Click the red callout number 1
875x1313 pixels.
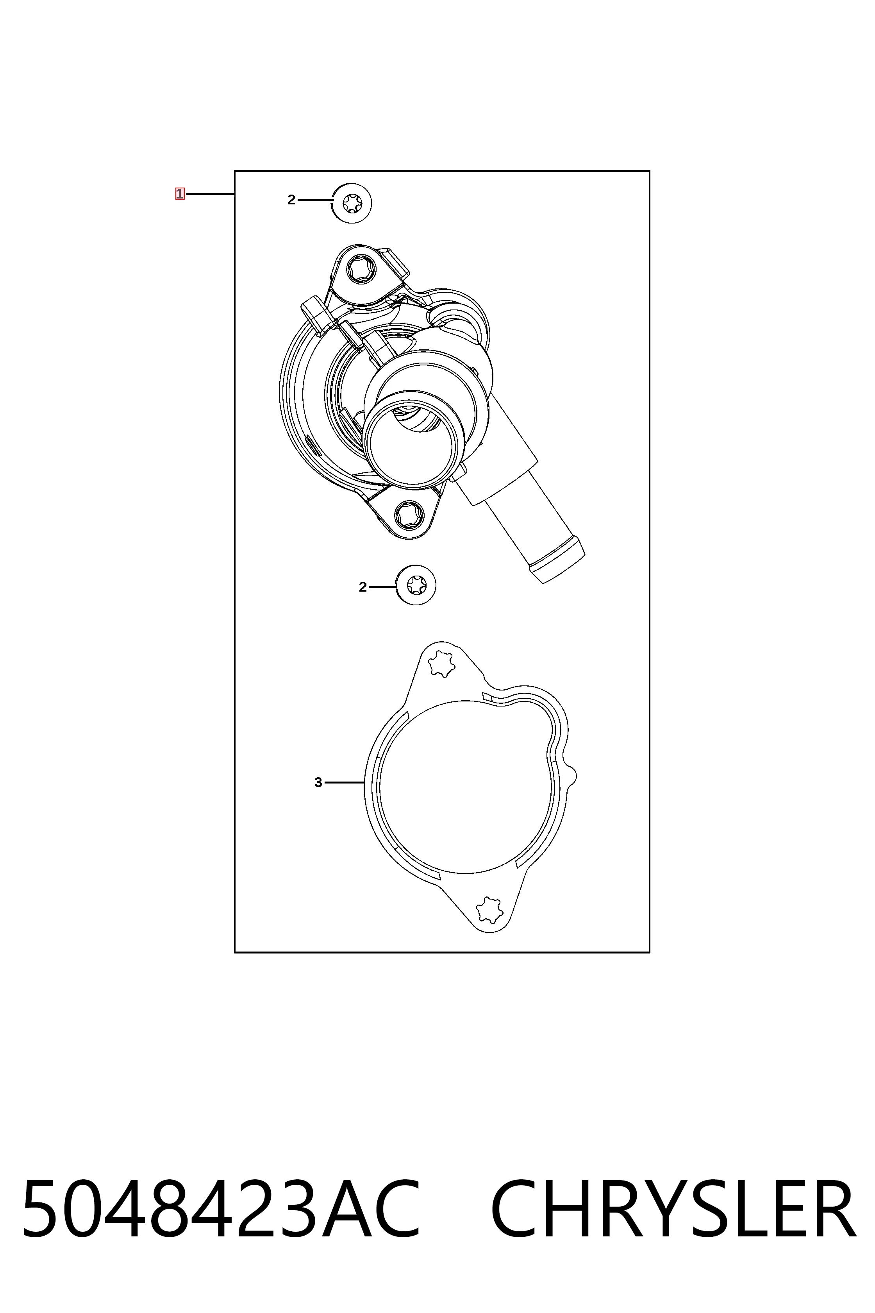click(180, 194)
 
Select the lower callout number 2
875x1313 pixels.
click(363, 587)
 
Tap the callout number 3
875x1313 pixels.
click(318, 783)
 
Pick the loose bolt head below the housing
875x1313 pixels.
click(416, 586)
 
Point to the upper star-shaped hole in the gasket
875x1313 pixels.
click(441, 664)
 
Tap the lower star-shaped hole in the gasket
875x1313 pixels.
click(489, 911)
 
